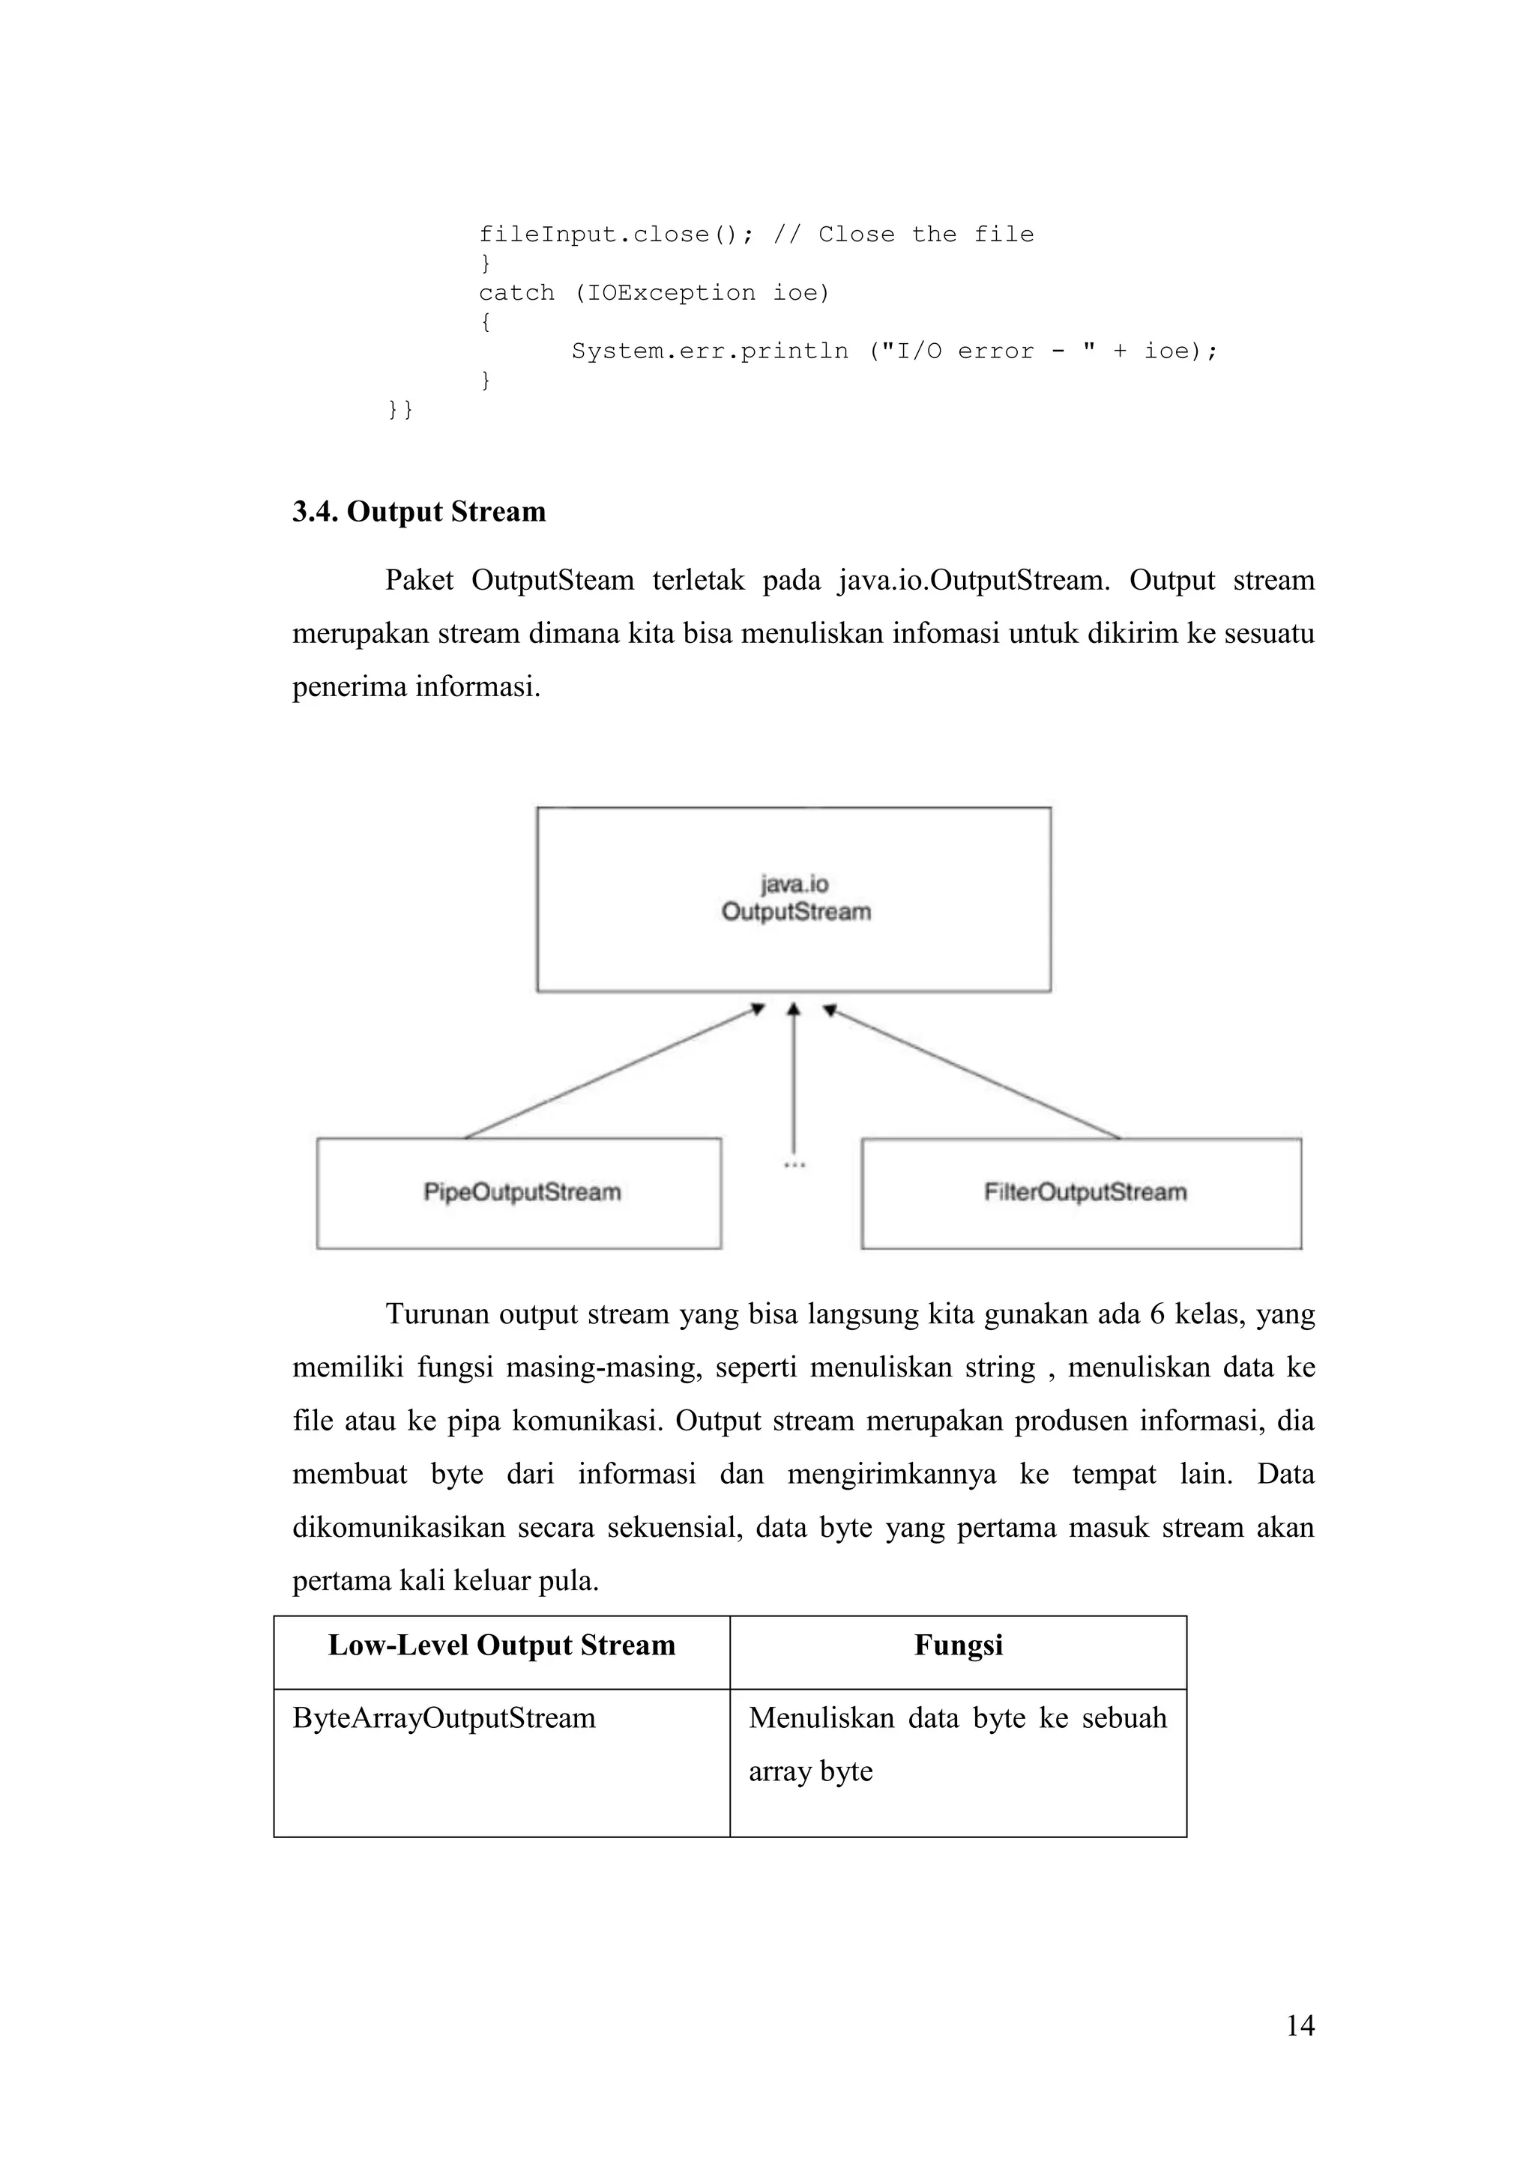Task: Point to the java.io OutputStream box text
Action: click(795, 898)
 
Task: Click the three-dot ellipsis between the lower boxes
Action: click(794, 1165)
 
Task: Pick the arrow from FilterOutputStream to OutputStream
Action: click(974, 1073)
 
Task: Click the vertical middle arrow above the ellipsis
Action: click(794, 1078)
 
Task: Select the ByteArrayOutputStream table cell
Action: click(444, 1717)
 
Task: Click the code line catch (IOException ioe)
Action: click(654, 293)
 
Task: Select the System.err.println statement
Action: click(894, 351)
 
